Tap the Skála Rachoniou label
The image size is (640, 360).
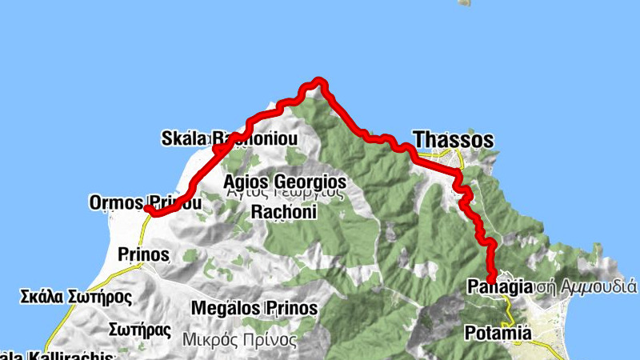click(x=229, y=139)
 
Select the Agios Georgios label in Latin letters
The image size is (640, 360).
click(x=285, y=181)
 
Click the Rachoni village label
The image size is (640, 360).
click(x=284, y=212)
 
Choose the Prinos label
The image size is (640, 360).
click(x=142, y=255)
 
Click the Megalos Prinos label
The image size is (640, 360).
click(x=254, y=308)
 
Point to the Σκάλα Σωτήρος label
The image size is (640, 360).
click(x=75, y=298)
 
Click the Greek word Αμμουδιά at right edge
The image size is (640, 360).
click(x=598, y=286)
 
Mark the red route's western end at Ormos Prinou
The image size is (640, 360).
click(x=149, y=210)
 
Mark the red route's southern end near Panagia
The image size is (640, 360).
click(x=490, y=277)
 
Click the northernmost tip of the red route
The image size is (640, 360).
click(x=319, y=80)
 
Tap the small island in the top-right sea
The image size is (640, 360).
click(x=464, y=2)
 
